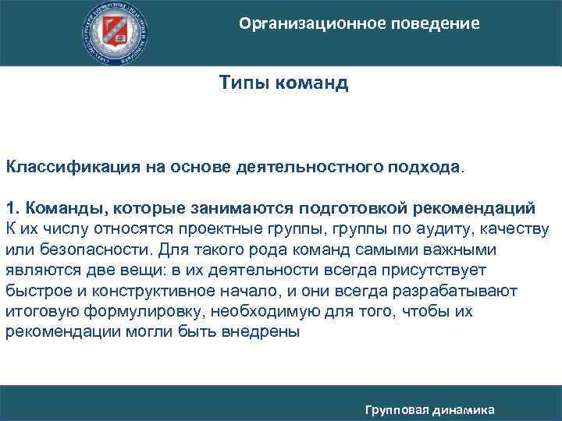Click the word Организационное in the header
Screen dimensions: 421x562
(307, 24)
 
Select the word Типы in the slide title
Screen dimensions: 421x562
(244, 82)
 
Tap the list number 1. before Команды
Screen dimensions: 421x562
(13, 208)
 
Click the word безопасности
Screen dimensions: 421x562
(79, 249)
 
